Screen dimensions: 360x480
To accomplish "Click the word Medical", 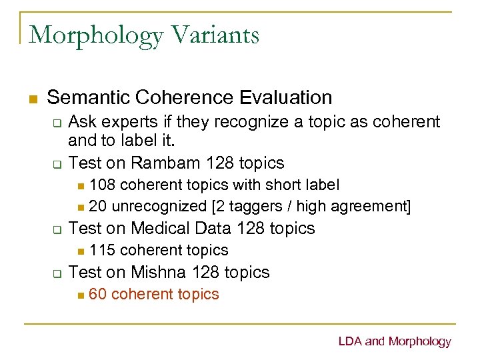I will [x=161, y=228].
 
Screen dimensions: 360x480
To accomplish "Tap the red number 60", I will [x=97, y=294].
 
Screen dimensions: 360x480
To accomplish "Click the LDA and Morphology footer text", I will [x=395, y=342].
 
